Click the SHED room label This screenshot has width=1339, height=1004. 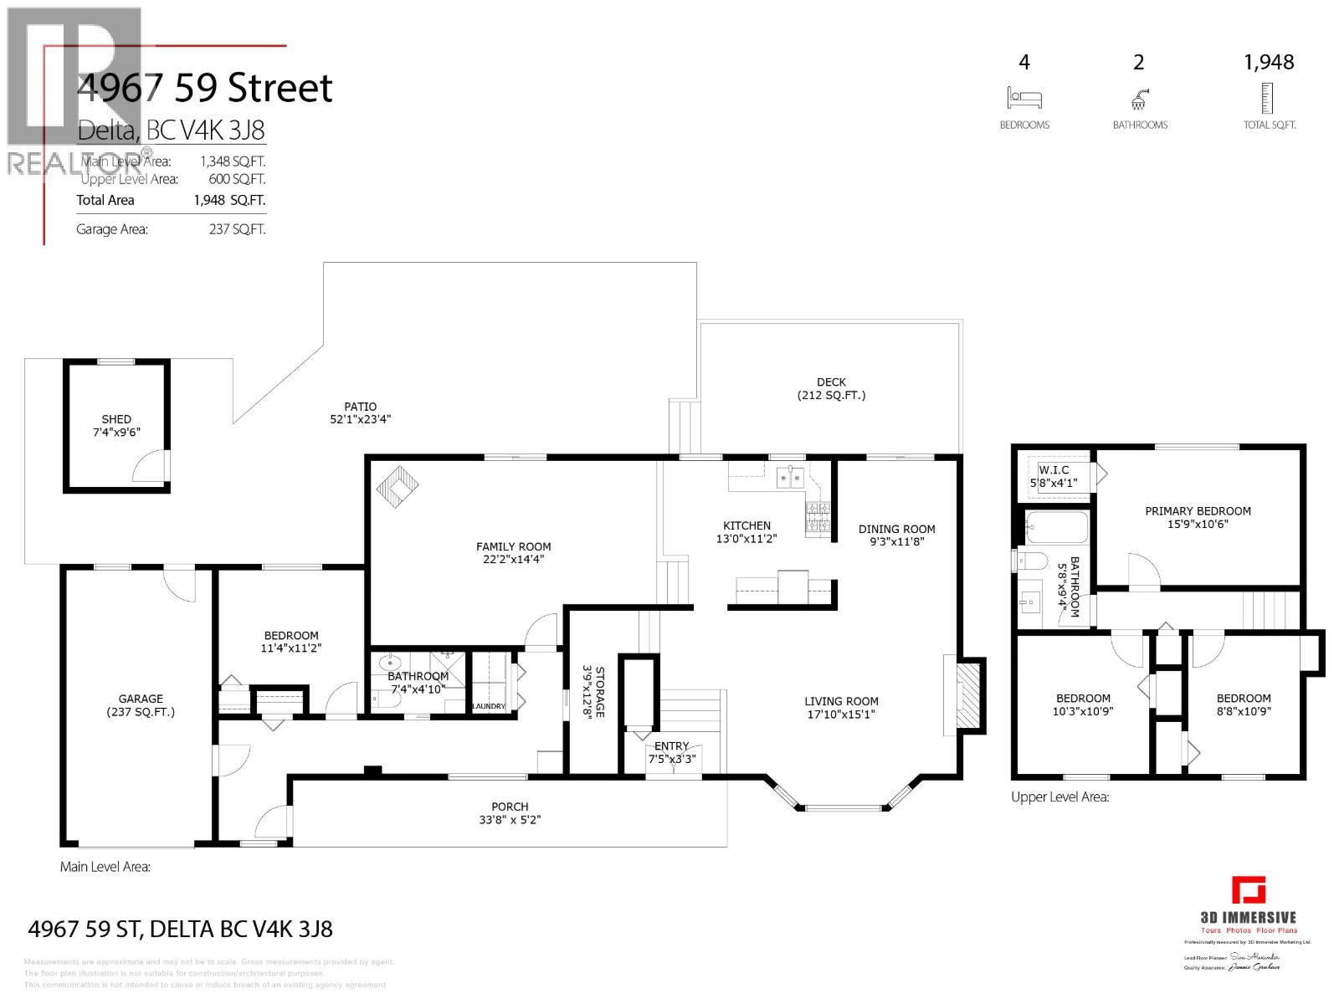[116, 419]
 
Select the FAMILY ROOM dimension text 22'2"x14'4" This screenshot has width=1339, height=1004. [513, 560]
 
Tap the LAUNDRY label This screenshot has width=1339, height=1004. [489, 706]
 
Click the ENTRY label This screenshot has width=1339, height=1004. [671, 745]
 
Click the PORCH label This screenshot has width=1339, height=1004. [510, 807]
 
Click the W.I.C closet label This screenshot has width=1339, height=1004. [1054, 470]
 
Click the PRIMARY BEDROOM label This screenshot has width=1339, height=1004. [1198, 511]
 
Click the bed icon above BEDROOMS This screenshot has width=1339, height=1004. [1024, 97]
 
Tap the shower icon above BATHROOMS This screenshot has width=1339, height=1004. [1139, 100]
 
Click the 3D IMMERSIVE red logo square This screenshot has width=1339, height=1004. [1249, 889]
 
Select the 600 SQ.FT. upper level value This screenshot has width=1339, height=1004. [237, 179]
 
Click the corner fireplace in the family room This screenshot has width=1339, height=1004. [397, 487]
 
